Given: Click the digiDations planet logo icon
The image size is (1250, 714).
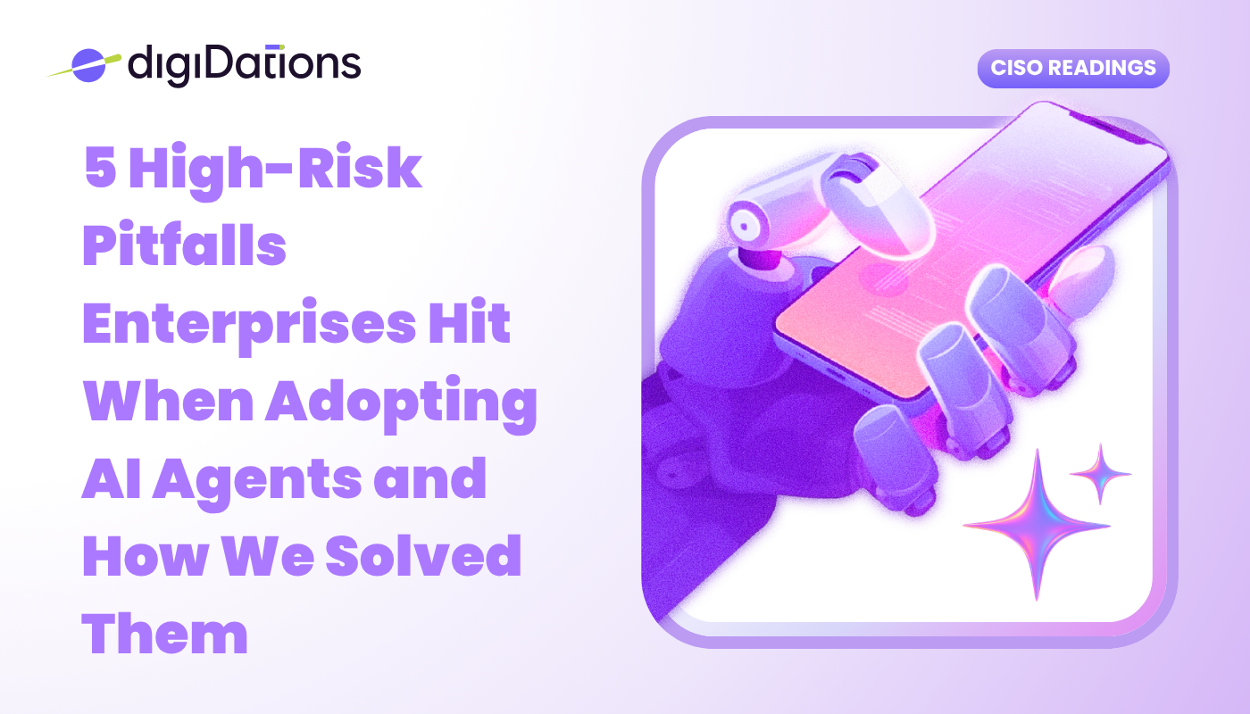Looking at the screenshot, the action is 88,65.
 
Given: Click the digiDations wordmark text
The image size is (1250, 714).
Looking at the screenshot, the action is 245,65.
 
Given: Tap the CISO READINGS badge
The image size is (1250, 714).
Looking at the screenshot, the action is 1073,68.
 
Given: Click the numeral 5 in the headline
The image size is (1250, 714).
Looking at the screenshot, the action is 101,167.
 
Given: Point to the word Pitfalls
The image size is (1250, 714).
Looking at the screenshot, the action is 185,244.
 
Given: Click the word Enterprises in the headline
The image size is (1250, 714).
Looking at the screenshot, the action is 249,326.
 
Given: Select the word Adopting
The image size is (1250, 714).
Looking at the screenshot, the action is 401,403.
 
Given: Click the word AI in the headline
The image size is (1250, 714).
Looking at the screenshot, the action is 112,478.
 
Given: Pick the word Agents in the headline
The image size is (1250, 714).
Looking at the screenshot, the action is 257,482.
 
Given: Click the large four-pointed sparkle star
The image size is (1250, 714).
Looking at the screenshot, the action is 1037,525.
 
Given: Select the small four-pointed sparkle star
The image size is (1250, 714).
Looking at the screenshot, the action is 1100,474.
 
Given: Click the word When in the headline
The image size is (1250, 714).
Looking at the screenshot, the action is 169,401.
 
